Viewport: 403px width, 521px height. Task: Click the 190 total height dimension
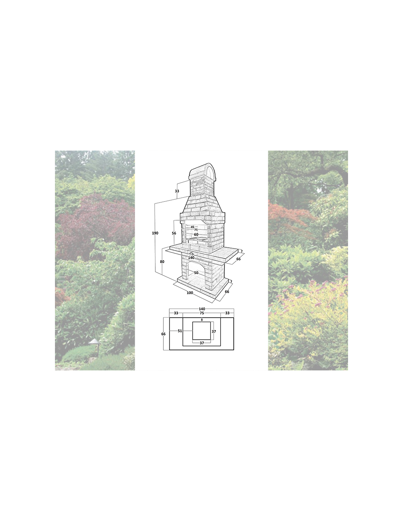click(155, 233)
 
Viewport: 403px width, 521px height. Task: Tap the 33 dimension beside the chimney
click(177, 191)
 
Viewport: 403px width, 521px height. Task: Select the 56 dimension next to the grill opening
click(174, 233)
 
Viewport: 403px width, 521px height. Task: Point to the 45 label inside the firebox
click(192, 227)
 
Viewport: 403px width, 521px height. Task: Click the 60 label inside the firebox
click(196, 234)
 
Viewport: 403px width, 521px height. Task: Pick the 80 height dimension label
click(162, 262)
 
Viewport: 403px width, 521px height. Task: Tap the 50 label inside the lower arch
click(196, 273)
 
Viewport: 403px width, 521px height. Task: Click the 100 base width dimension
click(190, 293)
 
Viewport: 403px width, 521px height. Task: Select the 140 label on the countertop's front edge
click(191, 258)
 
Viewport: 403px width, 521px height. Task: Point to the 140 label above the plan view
click(202, 309)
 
